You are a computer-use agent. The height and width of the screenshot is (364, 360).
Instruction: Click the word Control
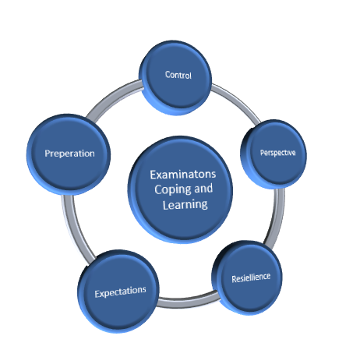point(178,75)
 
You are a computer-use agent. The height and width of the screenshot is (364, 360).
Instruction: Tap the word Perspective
point(277,153)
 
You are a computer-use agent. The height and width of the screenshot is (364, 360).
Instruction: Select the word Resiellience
point(251,277)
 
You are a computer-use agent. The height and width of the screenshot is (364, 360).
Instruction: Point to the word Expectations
point(120,292)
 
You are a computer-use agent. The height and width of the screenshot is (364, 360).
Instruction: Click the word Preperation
point(69,154)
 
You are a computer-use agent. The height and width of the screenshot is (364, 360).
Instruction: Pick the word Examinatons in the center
point(183,175)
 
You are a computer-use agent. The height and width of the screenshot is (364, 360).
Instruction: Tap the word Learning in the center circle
point(185,204)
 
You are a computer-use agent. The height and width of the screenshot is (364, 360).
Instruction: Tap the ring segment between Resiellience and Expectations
point(189,302)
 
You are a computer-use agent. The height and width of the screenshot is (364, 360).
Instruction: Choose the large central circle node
point(180,189)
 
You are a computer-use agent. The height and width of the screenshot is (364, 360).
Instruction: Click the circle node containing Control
point(175,77)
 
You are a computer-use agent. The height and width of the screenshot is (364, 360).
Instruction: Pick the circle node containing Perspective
point(274,154)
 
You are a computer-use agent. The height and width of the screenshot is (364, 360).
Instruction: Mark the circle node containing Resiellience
point(247,277)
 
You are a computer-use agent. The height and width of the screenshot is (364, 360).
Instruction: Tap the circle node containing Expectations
point(118,291)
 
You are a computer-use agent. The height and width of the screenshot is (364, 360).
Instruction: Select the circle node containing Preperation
point(69,154)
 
